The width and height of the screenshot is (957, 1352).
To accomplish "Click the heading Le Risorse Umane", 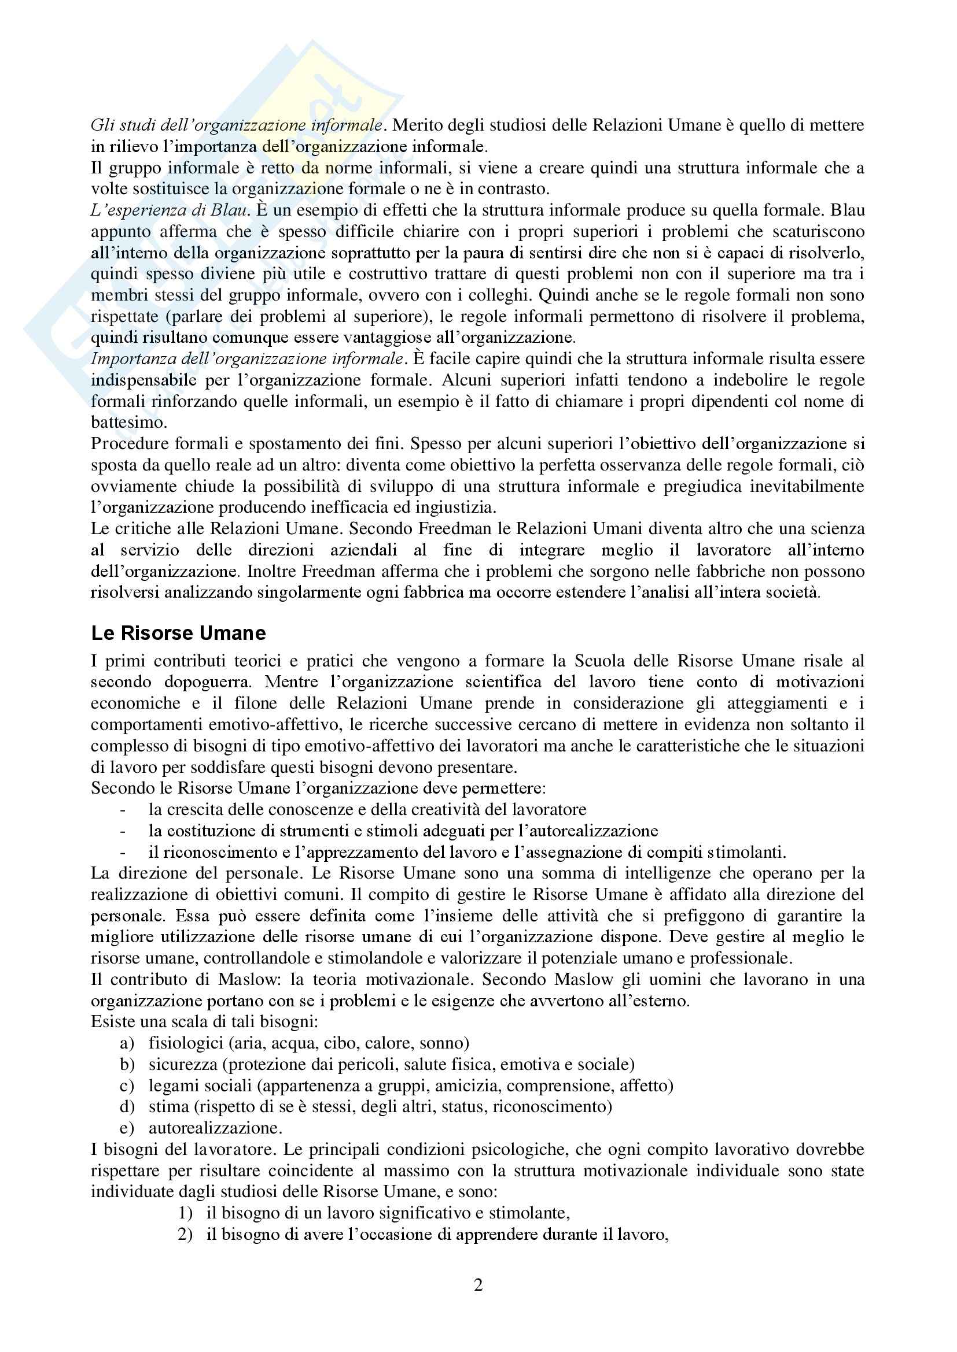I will pyautogui.click(x=178, y=633).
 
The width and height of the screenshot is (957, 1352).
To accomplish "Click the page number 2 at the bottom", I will pyautogui.click(x=478, y=1284).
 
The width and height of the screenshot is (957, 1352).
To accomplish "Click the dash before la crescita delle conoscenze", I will pyautogui.click(x=123, y=810).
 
